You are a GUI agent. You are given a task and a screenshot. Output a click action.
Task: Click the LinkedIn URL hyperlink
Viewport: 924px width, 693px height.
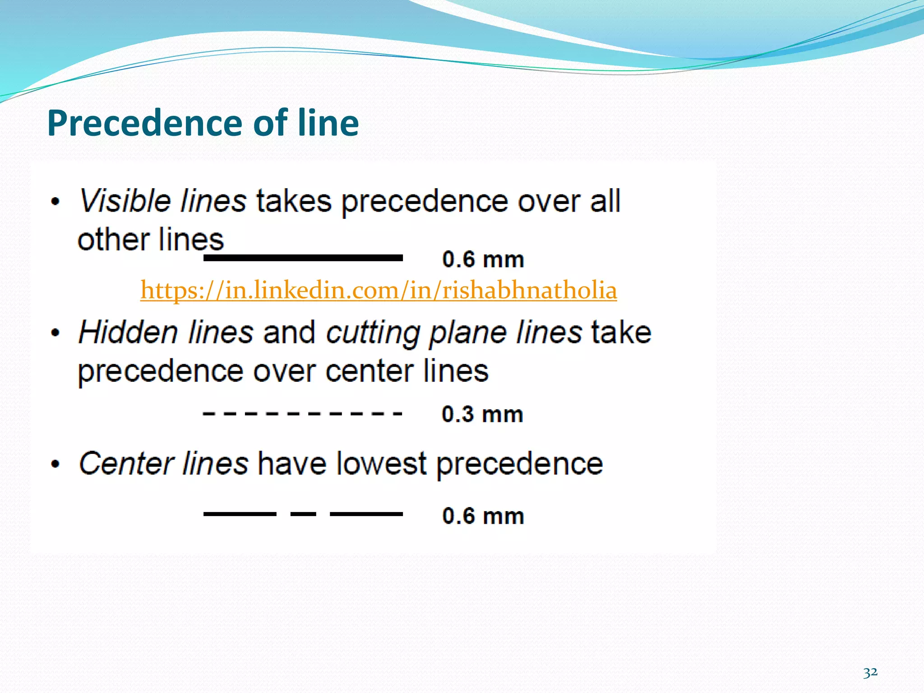[x=378, y=290]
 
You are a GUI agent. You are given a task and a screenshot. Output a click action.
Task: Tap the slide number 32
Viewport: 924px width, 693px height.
[x=870, y=673]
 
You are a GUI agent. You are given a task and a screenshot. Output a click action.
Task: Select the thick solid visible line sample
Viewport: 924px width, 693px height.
[x=303, y=258]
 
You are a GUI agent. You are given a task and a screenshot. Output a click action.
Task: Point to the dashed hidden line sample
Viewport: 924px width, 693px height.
[x=302, y=413]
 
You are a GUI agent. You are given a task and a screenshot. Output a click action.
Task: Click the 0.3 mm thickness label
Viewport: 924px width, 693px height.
[x=482, y=414]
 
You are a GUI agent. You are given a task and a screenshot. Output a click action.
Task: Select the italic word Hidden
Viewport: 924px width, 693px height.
[x=128, y=333]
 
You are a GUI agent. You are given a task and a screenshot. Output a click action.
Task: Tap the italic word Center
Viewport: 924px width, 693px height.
[x=126, y=463]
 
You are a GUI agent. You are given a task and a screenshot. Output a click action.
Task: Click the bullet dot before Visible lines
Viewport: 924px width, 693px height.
[x=55, y=202]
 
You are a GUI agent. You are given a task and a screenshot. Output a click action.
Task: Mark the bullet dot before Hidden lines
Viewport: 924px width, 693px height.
[x=55, y=333]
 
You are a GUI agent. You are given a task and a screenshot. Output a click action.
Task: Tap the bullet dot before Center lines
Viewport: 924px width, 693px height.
[x=55, y=464]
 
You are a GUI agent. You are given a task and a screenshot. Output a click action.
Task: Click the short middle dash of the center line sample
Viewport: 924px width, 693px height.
[x=303, y=514]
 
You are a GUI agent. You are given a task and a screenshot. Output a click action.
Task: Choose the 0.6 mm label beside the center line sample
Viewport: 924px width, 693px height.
[x=483, y=516]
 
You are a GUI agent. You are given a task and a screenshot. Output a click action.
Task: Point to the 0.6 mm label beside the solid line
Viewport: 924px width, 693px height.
[x=483, y=259]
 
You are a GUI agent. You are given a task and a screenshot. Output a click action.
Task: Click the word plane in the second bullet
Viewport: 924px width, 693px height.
[x=467, y=333]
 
